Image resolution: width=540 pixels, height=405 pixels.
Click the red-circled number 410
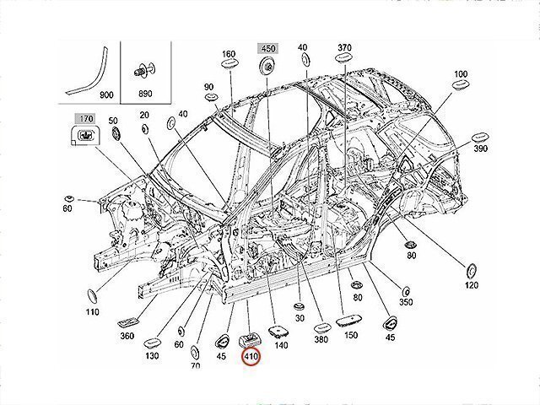pos(251,358)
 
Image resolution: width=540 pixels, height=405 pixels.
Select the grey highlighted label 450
pos(267,48)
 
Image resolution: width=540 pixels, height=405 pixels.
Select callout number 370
pos(344,47)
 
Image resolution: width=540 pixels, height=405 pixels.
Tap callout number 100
pos(460,75)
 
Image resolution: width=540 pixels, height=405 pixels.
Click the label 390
pos(482,148)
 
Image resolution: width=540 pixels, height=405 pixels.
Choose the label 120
pos(471,287)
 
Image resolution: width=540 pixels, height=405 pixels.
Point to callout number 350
pos(405,302)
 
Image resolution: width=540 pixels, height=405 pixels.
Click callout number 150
pos(350,336)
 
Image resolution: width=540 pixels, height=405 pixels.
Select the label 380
pos(321,339)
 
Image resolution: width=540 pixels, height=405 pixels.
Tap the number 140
pos(281,346)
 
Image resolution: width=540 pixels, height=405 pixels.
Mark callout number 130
pos(152,357)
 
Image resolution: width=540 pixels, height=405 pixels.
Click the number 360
pos(127,336)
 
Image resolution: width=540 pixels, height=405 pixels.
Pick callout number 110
pos(92,312)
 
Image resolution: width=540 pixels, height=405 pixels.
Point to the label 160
pos(229,54)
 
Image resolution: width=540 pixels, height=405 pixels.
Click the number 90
pos(208,88)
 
